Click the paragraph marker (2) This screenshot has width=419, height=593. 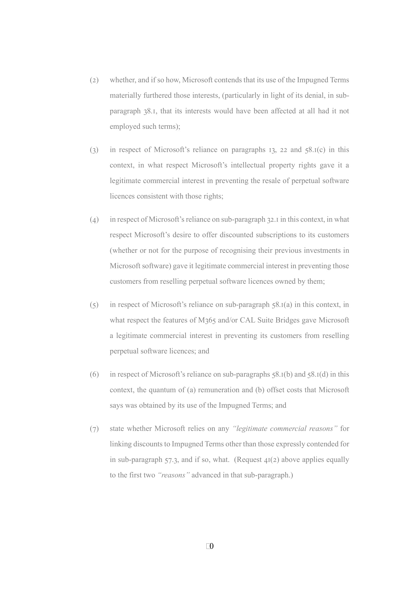94,80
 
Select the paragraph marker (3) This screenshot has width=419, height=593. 94,150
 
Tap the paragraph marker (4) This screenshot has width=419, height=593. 94,220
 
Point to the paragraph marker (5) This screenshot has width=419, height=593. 94,305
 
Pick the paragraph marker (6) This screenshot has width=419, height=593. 94,375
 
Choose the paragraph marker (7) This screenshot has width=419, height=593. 94,429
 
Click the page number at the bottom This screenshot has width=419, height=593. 210,546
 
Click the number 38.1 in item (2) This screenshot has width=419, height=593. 150,111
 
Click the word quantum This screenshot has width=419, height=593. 162,390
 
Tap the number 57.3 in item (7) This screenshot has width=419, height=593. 171,460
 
